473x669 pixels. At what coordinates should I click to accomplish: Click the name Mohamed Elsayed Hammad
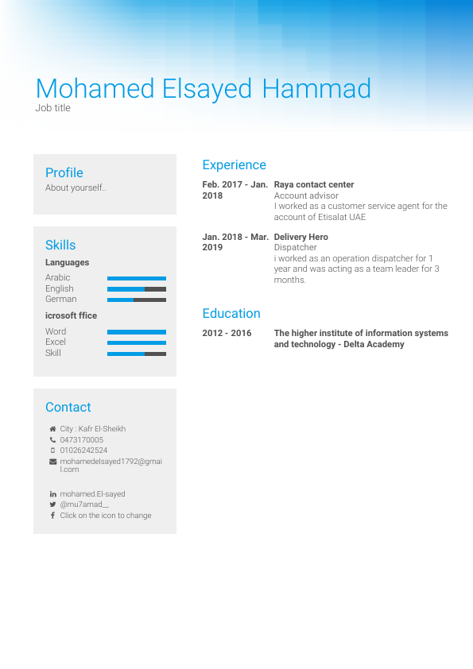[204, 88]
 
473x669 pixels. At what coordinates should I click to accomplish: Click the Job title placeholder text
[53, 108]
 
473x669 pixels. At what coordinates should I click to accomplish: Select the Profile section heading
[64, 172]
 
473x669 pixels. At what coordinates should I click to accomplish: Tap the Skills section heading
[60, 245]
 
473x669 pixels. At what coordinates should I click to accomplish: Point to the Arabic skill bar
[137, 278]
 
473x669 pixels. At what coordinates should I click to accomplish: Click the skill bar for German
[137, 300]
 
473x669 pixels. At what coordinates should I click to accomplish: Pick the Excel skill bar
[137, 342]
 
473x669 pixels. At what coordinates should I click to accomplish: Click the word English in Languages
[60, 288]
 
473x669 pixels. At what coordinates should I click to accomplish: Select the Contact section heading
[68, 407]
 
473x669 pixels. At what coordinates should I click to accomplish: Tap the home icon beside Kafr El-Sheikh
[52, 429]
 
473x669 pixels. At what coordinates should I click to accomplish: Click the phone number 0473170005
[82, 439]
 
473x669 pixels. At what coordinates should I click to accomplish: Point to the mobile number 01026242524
[83, 451]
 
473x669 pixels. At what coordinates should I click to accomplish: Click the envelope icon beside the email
[52, 462]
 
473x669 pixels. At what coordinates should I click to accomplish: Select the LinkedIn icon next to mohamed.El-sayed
[52, 494]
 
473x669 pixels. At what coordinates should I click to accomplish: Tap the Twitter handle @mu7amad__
[84, 505]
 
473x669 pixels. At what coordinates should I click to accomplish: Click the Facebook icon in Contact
[52, 516]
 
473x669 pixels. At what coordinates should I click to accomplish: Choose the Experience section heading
[235, 164]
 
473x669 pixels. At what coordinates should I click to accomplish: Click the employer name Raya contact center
[314, 184]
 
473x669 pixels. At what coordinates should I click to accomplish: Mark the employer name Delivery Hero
[300, 237]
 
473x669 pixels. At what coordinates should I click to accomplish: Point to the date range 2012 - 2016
[227, 333]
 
